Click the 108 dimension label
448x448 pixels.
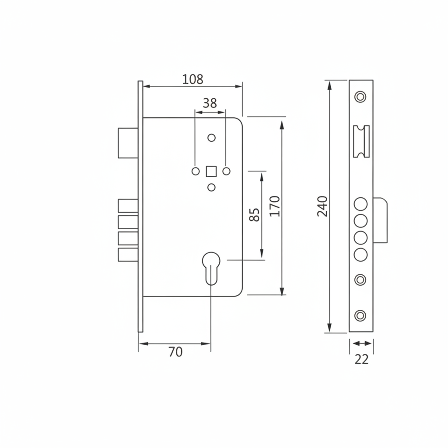(x=192, y=79)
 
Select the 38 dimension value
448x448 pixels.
(x=210, y=103)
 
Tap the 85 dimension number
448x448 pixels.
(x=254, y=214)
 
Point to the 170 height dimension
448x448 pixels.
(x=275, y=206)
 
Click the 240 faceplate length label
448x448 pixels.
(x=322, y=206)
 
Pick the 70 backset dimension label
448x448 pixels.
(x=175, y=352)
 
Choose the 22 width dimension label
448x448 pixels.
(x=361, y=359)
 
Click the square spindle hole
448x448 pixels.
(x=211, y=171)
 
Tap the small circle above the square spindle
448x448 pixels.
(x=211, y=138)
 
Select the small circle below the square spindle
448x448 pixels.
(x=211, y=187)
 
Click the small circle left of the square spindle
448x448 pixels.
(x=196, y=171)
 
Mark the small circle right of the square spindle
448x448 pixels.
(x=226, y=171)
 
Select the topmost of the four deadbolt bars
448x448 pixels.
(x=128, y=206)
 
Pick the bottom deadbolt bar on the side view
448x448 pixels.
(x=128, y=255)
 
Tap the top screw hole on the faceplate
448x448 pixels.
(x=360, y=96)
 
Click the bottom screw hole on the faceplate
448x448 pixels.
(x=360, y=315)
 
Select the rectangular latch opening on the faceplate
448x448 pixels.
(x=361, y=141)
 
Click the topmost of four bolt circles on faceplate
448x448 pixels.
(x=361, y=204)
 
